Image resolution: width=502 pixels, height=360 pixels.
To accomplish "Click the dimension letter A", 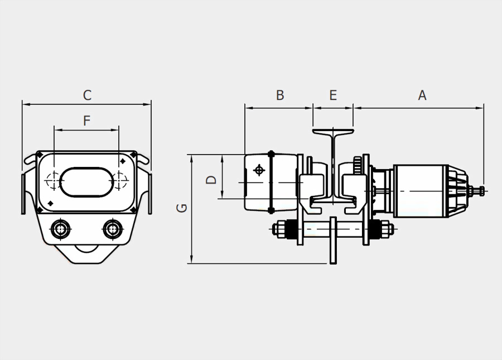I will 422,95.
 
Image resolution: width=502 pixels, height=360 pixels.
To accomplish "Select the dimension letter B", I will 280,95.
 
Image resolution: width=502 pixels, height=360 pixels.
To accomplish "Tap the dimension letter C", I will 87,95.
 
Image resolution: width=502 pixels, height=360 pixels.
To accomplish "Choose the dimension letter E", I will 333,95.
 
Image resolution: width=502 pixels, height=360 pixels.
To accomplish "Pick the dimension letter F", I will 86,121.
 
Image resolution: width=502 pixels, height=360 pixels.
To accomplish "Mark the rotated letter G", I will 182,208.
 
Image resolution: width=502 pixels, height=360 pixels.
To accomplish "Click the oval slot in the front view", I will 86,182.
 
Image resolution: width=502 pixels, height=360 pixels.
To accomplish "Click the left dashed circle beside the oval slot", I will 54,180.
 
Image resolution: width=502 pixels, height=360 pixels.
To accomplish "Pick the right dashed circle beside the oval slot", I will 119,180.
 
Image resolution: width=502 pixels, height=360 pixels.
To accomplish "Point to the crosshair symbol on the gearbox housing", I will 259,170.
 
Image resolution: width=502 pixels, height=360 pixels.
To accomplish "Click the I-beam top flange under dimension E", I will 333,132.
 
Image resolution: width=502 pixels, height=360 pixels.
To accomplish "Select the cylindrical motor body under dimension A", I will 421,191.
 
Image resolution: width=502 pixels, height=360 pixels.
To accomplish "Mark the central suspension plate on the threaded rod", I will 333,240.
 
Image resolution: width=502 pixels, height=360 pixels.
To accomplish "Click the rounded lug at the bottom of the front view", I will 86,254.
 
